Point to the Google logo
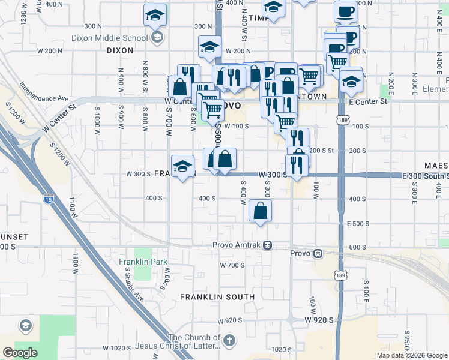coord(20,352)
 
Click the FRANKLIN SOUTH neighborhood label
coord(217,297)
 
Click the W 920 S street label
coord(318,320)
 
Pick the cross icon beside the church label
coord(228,341)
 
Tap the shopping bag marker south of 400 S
coord(260,211)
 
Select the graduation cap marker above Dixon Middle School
coord(155,15)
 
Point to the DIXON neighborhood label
coord(120,51)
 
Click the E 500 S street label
coord(358,223)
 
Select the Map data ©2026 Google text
coord(412,355)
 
